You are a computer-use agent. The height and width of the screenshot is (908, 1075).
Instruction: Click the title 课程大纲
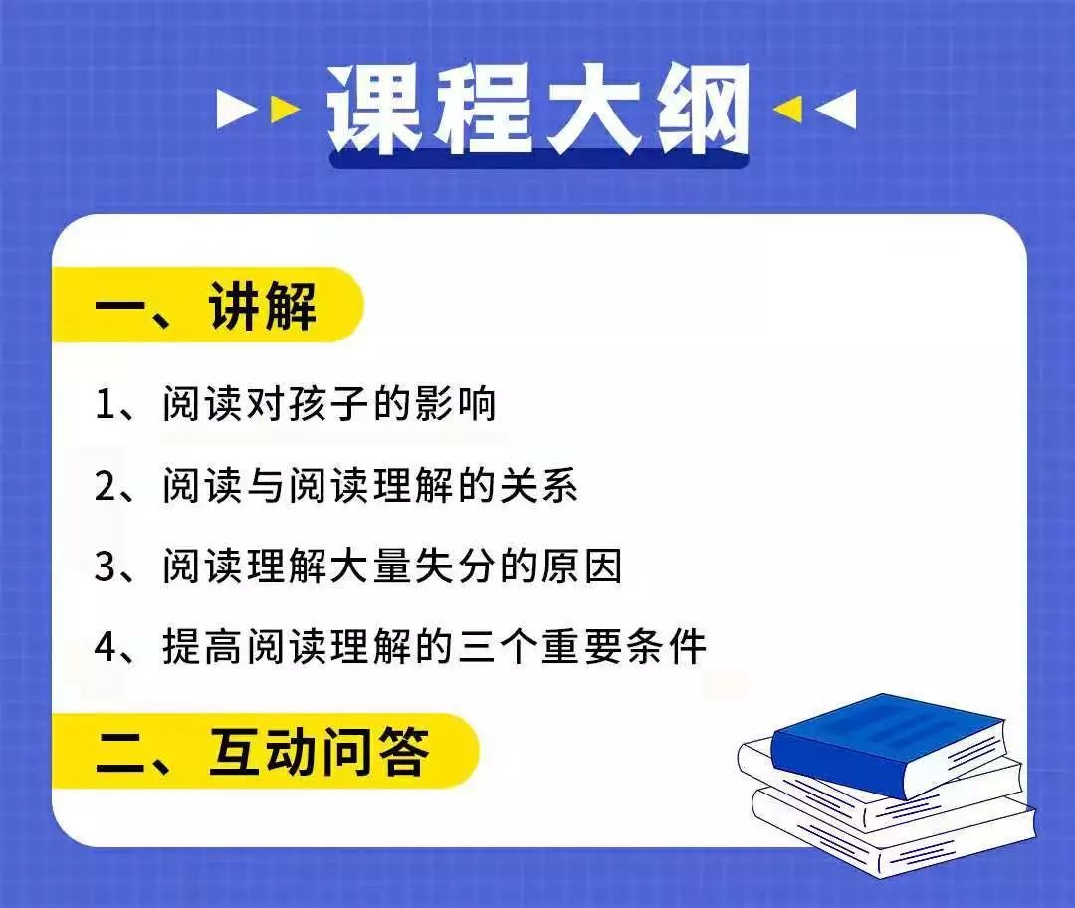[x=538, y=109]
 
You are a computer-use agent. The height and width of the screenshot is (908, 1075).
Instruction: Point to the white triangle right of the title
[x=837, y=110]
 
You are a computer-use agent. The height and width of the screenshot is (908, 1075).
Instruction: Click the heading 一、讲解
[x=206, y=306]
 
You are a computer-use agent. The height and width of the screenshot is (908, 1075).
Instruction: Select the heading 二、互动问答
[x=263, y=752]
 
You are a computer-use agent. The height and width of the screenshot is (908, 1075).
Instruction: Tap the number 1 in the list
[x=105, y=404]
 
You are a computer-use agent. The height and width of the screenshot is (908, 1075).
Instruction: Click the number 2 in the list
[x=106, y=486]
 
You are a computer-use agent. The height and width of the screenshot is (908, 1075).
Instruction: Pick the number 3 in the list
[x=106, y=567]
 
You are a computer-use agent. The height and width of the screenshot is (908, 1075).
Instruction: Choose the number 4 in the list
[x=107, y=647]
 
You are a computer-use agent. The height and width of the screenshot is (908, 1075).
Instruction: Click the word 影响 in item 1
[x=455, y=403]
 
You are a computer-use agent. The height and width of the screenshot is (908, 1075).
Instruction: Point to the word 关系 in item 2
[x=538, y=485]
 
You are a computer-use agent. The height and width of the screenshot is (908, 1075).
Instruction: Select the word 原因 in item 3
[x=581, y=567]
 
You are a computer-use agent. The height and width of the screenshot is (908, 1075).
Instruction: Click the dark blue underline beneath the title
[x=538, y=159]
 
